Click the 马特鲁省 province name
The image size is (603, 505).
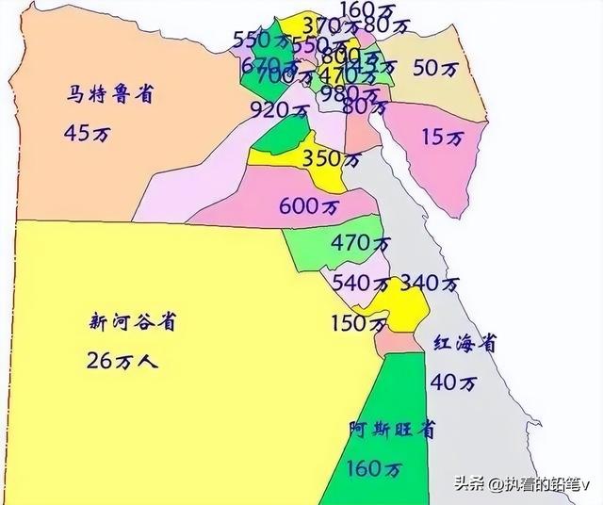(111, 95)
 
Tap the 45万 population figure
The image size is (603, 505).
(88, 133)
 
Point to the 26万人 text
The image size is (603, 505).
(122, 360)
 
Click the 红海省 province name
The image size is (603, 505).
(464, 344)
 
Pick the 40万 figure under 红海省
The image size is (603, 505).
(453, 383)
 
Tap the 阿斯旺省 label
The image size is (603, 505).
(392, 430)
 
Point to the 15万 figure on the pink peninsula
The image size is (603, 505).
(444, 138)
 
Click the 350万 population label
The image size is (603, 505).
(331, 159)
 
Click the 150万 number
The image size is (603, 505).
(358, 324)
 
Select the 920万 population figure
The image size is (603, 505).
(278, 109)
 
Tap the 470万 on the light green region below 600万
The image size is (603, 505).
(361, 243)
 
